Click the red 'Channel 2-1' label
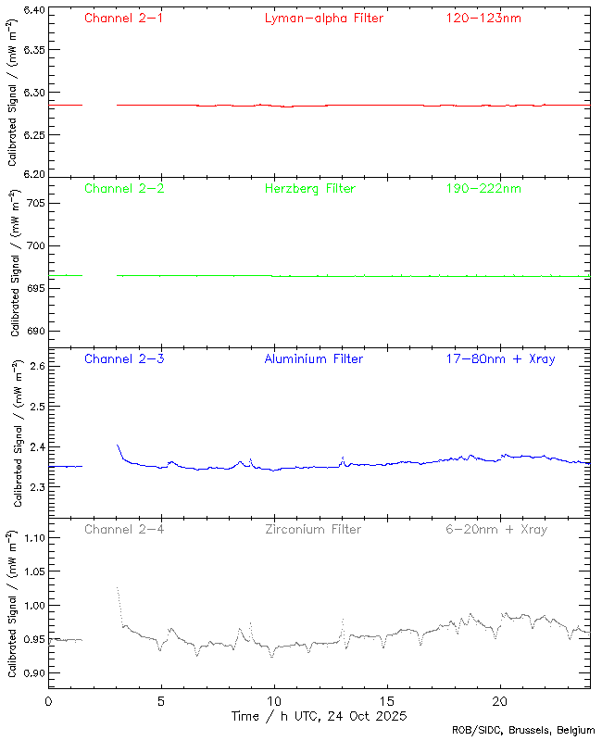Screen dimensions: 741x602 123,18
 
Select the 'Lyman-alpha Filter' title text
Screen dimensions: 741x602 323,18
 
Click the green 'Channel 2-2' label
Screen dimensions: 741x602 123,188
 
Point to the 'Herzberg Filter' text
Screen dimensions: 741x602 309,188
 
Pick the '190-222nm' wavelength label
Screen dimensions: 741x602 482,188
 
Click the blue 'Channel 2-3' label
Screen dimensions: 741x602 123,358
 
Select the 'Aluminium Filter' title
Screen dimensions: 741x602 313,358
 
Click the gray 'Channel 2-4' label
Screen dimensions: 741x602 123,529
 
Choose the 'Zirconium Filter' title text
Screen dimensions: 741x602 313,529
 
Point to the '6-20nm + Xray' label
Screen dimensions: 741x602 495,529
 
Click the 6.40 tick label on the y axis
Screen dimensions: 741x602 33,11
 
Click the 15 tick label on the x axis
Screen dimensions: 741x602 387,701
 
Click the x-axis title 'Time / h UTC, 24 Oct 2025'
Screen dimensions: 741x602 318,716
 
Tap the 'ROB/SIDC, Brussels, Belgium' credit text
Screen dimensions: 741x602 523,731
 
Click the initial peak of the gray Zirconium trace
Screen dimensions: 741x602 118,587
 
